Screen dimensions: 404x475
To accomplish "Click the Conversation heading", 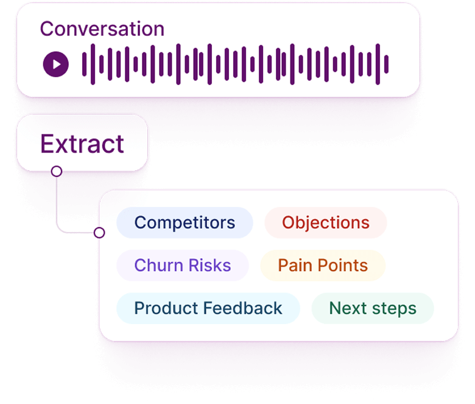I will [x=102, y=29].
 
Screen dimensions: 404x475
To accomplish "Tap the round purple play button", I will [x=55, y=63].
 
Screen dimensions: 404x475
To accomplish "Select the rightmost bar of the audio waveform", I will [x=387, y=63].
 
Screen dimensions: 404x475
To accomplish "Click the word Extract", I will [x=82, y=144].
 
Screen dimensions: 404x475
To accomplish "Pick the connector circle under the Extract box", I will [x=57, y=171].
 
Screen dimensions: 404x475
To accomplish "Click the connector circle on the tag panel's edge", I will [x=100, y=233].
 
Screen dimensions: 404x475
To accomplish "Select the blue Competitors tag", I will [x=185, y=223].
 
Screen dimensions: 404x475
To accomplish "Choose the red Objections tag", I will [x=325, y=223].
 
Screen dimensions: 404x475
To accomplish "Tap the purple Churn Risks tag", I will [x=182, y=265].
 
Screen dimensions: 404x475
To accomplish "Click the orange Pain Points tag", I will [x=323, y=265].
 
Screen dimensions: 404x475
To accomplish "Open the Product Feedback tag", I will [x=208, y=308].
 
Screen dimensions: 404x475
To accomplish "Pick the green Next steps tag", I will [x=373, y=308].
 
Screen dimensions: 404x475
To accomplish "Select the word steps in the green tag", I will [x=396, y=308].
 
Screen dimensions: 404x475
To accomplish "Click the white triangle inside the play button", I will [x=56, y=63].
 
